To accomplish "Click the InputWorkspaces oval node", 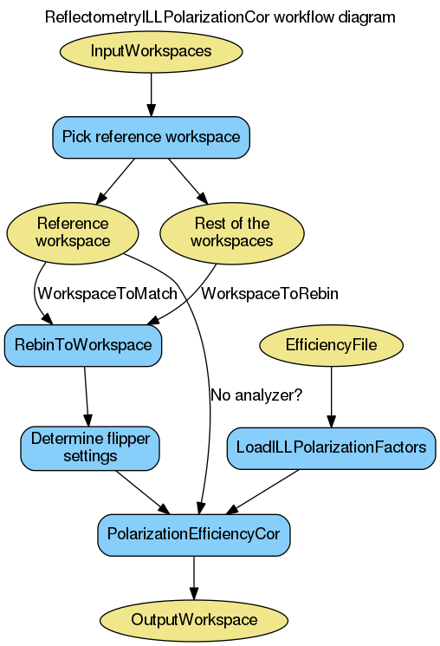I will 151,51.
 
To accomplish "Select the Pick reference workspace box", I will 151,137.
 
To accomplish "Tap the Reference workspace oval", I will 72,232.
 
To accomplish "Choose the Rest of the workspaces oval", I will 231,232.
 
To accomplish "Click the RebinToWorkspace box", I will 83,344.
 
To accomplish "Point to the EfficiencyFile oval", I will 331,344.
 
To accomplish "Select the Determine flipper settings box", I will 90,447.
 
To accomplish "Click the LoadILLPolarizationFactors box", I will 331,447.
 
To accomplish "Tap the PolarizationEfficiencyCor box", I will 193,533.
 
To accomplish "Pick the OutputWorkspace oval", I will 193,619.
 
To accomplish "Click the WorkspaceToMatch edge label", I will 107,294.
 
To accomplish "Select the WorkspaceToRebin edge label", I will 269,294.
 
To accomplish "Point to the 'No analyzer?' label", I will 256,395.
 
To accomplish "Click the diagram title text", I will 220,16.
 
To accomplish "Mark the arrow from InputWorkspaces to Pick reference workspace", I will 151,94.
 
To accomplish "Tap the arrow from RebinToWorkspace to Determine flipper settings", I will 87,395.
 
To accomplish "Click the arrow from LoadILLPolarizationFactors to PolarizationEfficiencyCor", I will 264,491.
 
